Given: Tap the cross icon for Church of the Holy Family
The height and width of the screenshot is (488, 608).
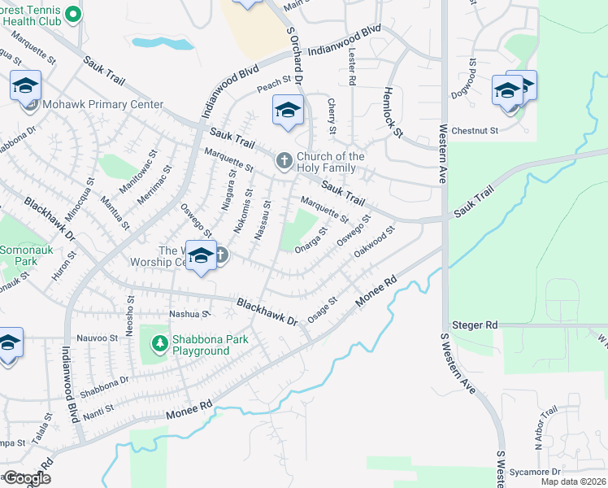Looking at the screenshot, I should click(x=284, y=160).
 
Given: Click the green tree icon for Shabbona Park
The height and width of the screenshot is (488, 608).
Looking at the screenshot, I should click(x=160, y=345).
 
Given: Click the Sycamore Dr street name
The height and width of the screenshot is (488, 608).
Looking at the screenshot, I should click(x=535, y=472).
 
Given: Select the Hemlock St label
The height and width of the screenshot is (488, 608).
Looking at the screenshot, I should click(x=393, y=113).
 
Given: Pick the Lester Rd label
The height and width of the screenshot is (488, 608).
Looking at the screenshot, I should click(x=352, y=68).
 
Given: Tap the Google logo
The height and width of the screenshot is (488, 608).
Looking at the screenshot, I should click(x=26, y=478).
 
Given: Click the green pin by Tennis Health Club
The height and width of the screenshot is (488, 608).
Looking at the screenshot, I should click(x=72, y=14).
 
